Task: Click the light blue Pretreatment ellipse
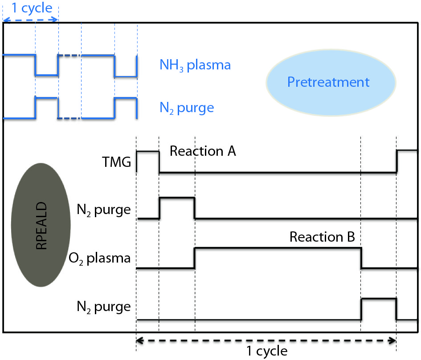pos(331,82)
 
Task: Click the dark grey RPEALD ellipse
pos(41,226)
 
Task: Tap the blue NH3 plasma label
pos(195,65)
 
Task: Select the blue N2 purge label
pos(187,108)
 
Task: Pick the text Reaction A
pos(203,151)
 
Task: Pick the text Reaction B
pos(322,237)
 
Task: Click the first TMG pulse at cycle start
pos(147,152)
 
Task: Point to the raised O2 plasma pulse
pos(277,249)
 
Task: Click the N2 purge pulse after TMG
pos(177,198)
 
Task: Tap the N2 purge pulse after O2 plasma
pos(378,299)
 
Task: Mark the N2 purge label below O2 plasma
pos(103,307)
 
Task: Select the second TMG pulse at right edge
pos(407,151)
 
